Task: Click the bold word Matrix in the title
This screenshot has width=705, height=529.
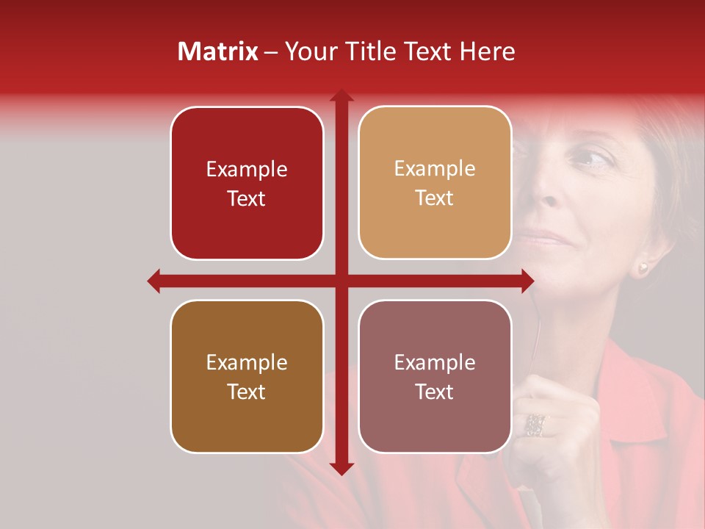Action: (x=218, y=51)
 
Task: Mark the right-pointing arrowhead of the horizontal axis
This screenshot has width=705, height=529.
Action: (x=527, y=281)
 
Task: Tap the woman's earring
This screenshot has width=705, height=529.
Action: (x=644, y=267)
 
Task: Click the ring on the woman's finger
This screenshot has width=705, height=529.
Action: (x=535, y=424)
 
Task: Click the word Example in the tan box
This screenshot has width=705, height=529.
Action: (x=435, y=169)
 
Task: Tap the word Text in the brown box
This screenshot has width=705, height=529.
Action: (x=247, y=392)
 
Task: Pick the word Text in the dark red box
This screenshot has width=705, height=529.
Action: (x=247, y=198)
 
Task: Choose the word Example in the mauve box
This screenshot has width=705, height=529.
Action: (x=435, y=362)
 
